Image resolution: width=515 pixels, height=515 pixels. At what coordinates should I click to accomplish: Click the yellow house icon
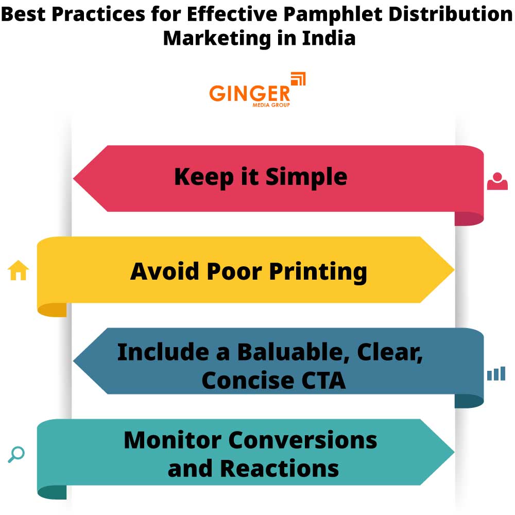click(19, 270)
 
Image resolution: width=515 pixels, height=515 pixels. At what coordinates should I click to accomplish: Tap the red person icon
click(497, 181)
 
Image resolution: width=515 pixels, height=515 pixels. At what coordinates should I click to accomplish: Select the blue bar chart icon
click(496, 374)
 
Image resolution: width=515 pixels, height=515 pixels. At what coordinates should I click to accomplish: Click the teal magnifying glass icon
click(16, 454)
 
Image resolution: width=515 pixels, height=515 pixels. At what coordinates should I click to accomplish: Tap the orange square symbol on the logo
click(298, 79)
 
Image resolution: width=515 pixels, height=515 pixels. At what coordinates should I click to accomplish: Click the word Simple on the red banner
click(306, 177)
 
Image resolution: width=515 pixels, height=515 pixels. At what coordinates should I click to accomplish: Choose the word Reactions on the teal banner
click(280, 469)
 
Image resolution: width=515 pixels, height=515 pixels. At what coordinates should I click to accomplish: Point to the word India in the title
click(329, 38)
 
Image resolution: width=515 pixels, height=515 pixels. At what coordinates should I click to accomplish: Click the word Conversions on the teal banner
click(303, 440)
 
